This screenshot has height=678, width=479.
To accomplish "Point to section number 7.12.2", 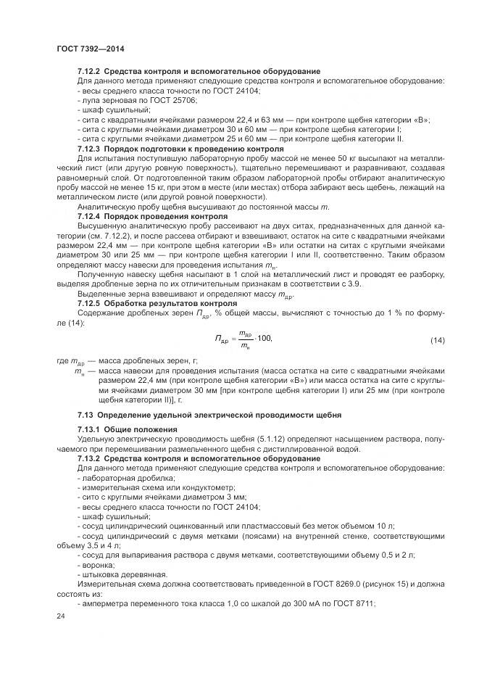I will point(91,71).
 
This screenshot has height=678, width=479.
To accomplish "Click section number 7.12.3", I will point(91,147).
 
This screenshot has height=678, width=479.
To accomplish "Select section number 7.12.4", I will point(91,216).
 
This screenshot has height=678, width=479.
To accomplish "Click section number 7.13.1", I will point(91,430).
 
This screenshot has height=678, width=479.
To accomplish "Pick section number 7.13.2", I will point(91,459).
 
